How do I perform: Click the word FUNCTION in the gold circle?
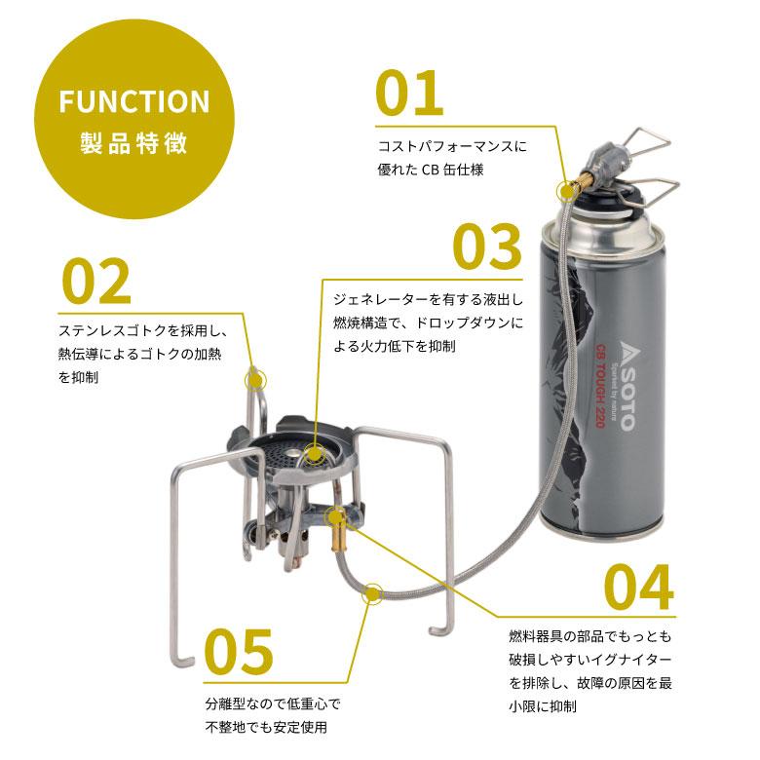pyautogui.click(x=134, y=100)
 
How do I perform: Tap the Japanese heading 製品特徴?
pyautogui.click(x=133, y=143)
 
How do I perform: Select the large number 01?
pyautogui.click(x=409, y=94)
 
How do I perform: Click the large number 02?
pyautogui.click(x=96, y=282)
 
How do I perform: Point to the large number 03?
pyautogui.click(x=487, y=247)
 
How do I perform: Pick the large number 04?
pyautogui.click(x=639, y=588)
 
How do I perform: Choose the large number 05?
pyautogui.click(x=239, y=652)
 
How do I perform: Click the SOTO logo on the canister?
pyautogui.click(x=626, y=385)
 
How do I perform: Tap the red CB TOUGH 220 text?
pyautogui.click(x=600, y=386)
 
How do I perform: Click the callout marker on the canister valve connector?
pyautogui.click(x=566, y=191)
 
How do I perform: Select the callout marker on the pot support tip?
pyautogui.click(x=256, y=380)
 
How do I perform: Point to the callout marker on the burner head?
pyautogui.click(x=314, y=455)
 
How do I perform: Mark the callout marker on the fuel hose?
pyautogui.click(x=372, y=593)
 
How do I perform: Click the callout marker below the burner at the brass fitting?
pyautogui.click(x=335, y=517)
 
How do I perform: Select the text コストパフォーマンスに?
pyautogui.click(x=452, y=146)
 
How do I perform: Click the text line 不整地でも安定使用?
pyautogui.click(x=266, y=727)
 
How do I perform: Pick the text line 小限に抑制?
pyautogui.click(x=543, y=706)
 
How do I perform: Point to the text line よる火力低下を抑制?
pyautogui.click(x=394, y=346)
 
